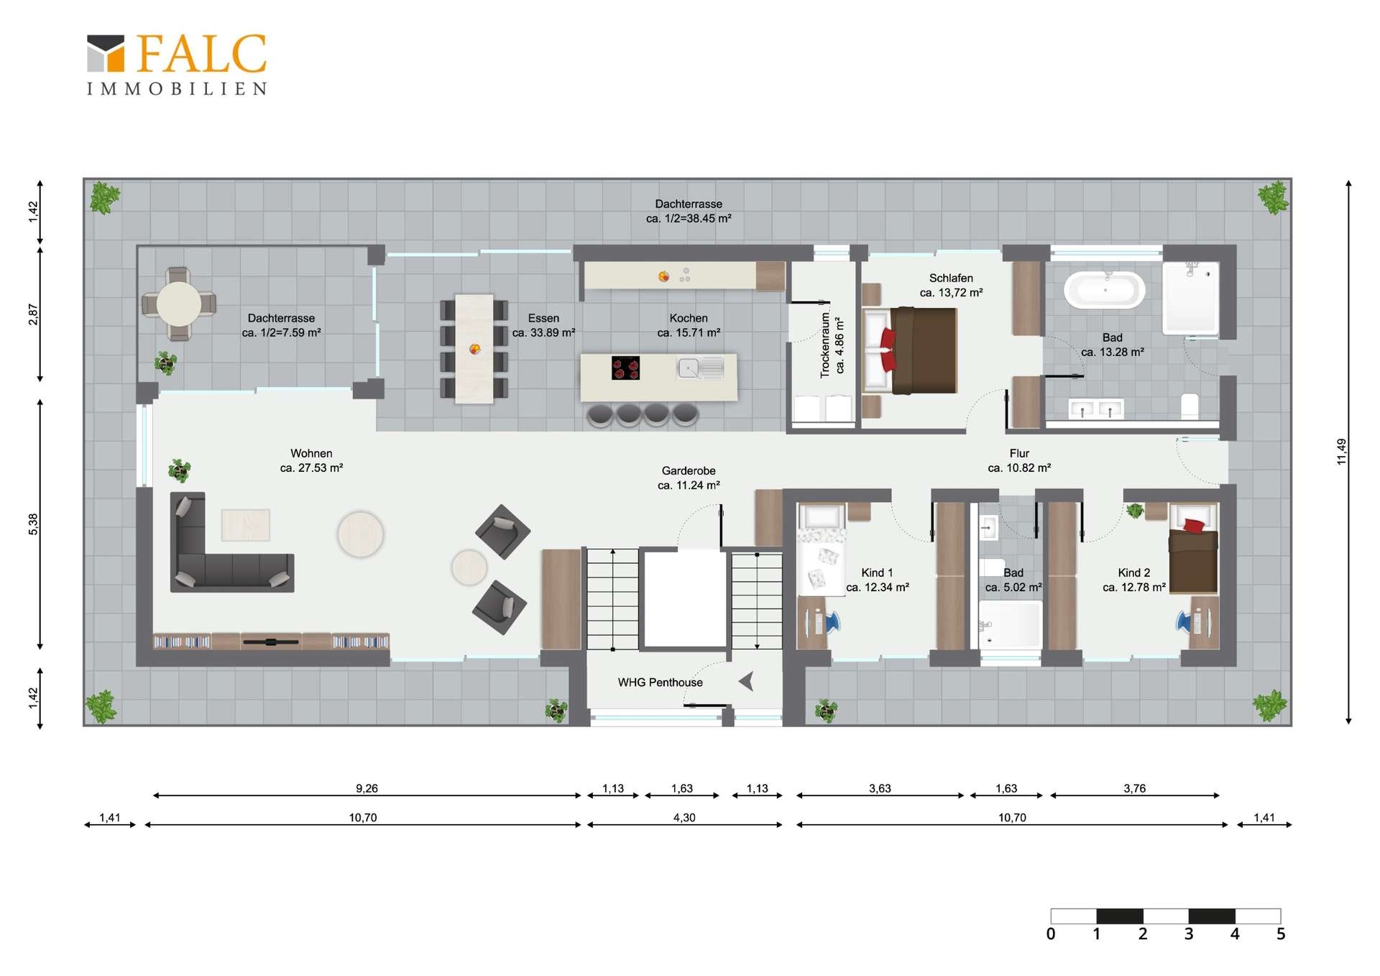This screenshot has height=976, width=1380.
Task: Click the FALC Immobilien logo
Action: (x=177, y=65)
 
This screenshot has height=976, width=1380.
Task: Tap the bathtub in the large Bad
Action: (x=1104, y=290)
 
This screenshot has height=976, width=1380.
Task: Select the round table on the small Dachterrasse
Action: (x=179, y=304)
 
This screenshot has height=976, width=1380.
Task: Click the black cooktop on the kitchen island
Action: (x=625, y=368)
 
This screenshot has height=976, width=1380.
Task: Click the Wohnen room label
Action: (x=311, y=460)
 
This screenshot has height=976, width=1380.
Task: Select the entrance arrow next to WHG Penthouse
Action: (x=746, y=680)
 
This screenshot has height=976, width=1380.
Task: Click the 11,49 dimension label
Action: (x=1341, y=452)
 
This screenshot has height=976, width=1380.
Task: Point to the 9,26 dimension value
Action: (x=367, y=788)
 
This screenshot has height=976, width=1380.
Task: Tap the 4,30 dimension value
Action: (x=684, y=818)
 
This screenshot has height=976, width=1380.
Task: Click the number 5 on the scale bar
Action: (x=1280, y=934)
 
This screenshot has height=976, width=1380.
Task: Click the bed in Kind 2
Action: (x=1193, y=557)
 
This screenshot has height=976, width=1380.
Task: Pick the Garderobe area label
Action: (x=689, y=478)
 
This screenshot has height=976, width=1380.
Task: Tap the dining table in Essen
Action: (x=474, y=349)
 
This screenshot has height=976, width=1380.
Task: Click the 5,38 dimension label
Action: (x=33, y=524)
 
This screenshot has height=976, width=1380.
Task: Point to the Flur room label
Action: (x=1019, y=460)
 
